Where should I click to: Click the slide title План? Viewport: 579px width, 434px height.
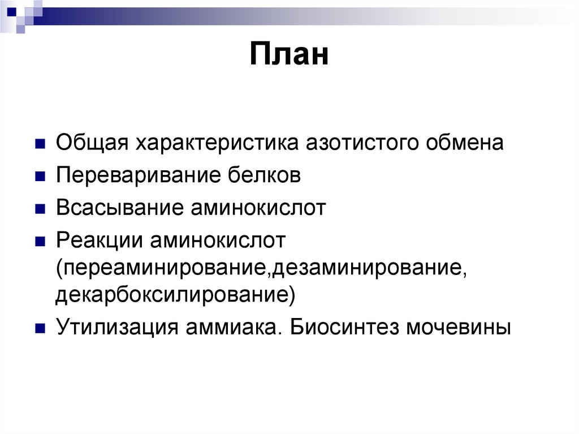coord(289,57)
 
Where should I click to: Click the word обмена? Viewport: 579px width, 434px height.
coord(463,143)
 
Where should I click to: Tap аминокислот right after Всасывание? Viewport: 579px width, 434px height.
coord(257,208)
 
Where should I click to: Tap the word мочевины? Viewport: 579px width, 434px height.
coord(459,328)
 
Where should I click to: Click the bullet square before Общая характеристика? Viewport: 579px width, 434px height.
coord(40,143)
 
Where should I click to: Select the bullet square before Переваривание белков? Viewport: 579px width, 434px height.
coord(40,176)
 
